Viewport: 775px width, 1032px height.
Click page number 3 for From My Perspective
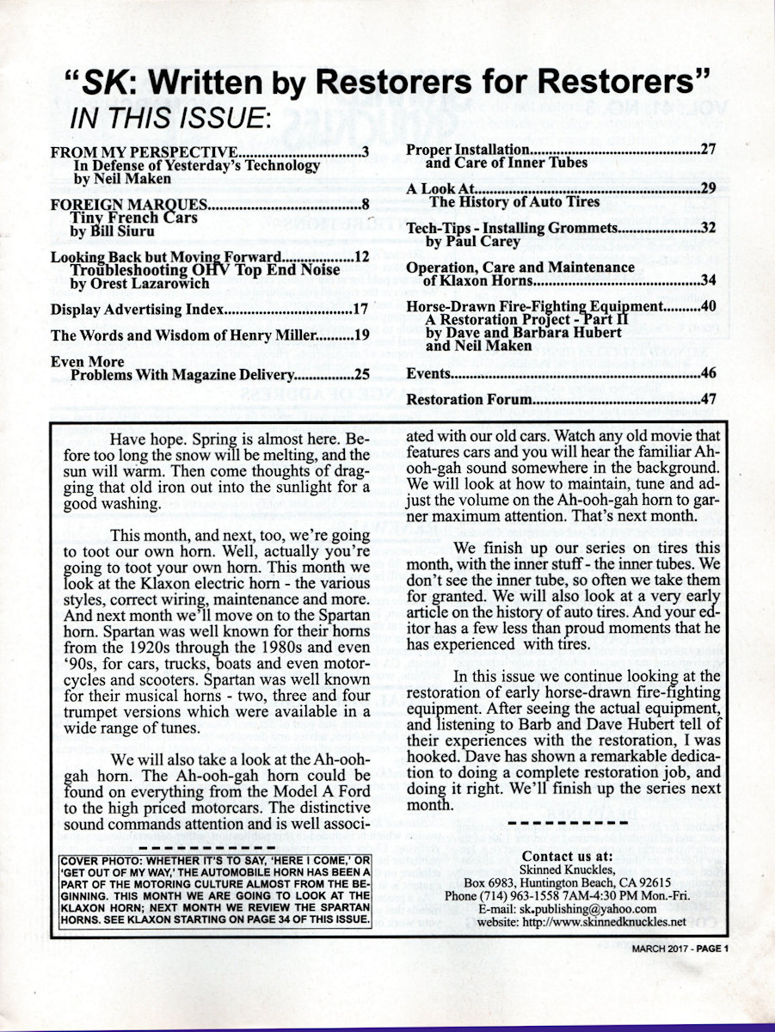tap(366, 154)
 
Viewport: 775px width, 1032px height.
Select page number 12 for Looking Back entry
tap(361, 258)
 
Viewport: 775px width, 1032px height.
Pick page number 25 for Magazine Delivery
tap(361, 374)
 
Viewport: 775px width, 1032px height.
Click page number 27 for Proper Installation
tap(709, 149)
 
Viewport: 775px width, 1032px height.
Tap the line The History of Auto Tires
tap(514, 201)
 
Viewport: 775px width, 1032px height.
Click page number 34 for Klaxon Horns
tap(709, 280)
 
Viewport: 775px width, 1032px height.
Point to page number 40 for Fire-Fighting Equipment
tap(709, 307)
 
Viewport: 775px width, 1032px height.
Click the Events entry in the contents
tap(427, 373)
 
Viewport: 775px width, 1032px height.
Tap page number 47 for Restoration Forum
tap(709, 399)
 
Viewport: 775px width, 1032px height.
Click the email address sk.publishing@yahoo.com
tap(597, 908)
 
